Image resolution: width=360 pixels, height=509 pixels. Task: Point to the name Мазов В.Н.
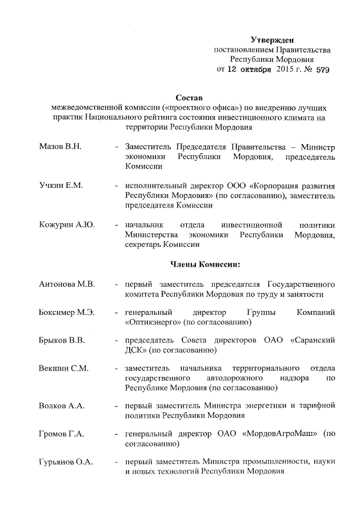(x=61, y=146)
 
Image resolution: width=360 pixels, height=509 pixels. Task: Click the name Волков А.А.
(x=61, y=406)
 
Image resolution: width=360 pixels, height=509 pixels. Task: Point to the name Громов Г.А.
(x=62, y=434)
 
